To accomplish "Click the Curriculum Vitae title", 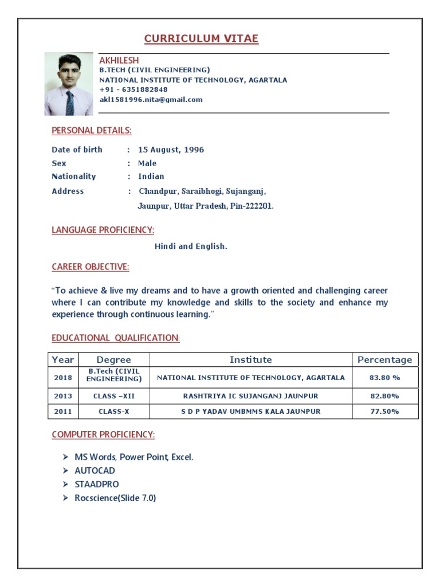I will point(201,39).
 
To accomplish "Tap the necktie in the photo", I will point(70,103).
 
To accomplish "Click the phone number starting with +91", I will point(133,89).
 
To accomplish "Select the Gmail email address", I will point(151,99).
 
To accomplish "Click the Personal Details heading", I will point(92,131).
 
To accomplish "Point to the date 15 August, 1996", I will point(171,150).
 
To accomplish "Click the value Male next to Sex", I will point(147,163).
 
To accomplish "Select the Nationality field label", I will point(74,177).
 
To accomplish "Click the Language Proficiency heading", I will point(103,230).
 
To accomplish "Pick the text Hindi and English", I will point(191,246).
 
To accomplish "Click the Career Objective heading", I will point(91,267).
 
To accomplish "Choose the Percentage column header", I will point(384,360).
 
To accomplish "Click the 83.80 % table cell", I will point(384,378).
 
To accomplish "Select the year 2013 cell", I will point(63,396).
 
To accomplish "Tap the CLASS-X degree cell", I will point(114,412).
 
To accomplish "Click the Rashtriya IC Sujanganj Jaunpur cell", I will point(250,396).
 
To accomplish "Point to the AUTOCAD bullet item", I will point(95,471).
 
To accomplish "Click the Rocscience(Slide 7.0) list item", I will point(115,498).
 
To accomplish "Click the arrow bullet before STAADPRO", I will point(65,484).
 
